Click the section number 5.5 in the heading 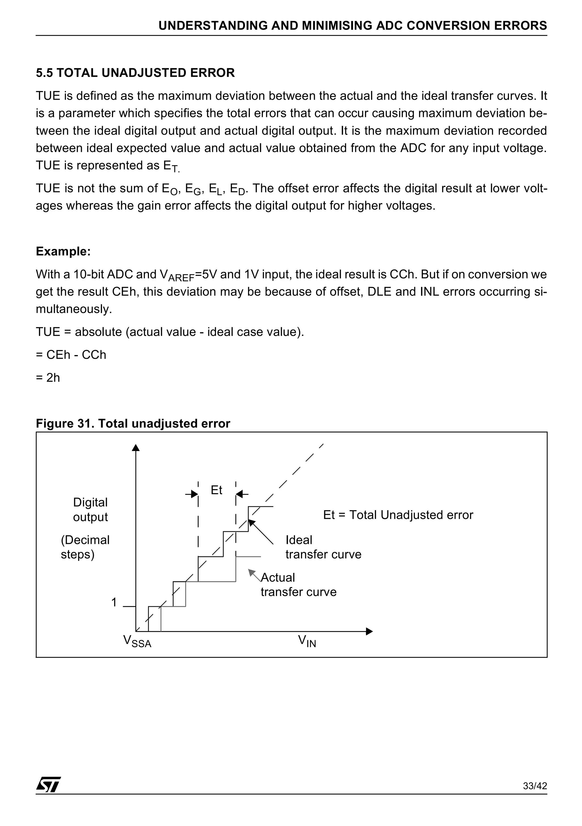(44, 73)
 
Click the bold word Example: (63, 251)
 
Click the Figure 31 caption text (133, 424)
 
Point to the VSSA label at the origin (137, 641)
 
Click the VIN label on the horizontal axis (307, 641)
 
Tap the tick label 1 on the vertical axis (114, 602)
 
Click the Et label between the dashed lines (216, 490)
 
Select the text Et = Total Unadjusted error (398, 515)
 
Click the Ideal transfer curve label (323, 547)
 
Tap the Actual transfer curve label (298, 585)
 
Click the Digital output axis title (90, 509)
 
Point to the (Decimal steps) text (85, 547)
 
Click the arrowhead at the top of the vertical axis (136, 448)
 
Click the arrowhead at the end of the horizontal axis (369, 631)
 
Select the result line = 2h (48, 378)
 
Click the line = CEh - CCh (71, 355)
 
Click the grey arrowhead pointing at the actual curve (251, 572)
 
